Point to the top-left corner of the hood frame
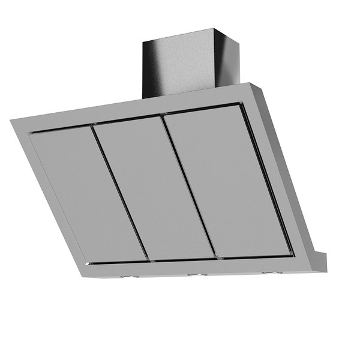point(12,122)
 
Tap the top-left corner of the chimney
point(143,42)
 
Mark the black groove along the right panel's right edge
point(266,180)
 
